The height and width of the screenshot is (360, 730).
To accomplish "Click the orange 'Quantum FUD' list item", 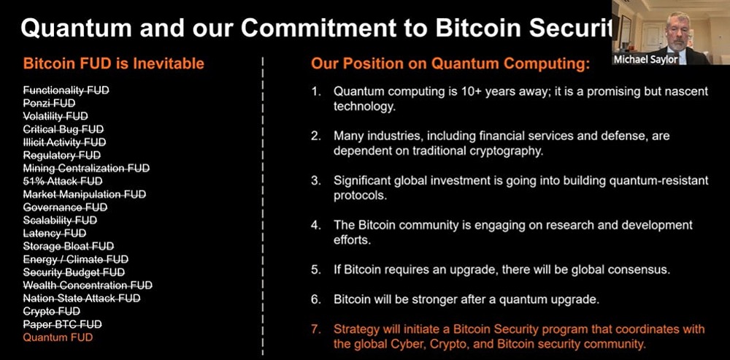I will point(58,337).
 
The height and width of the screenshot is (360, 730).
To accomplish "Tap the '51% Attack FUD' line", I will point(63,181).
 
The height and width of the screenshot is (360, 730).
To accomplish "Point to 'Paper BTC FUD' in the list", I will point(63,324).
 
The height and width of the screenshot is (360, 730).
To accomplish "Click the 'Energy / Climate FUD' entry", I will point(75,259).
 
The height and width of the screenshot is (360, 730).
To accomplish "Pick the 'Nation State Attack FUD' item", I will point(82,298).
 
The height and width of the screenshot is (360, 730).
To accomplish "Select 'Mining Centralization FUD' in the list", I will point(86,168).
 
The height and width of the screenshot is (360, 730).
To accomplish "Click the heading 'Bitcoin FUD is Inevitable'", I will point(114,64).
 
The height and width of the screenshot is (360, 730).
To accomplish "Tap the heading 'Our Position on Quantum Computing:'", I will point(450,64).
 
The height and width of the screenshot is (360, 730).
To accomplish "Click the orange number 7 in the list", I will point(315,329).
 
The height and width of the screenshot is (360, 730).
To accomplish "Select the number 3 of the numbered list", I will point(315,180).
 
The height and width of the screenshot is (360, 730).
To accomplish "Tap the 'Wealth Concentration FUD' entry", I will point(88,285).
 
